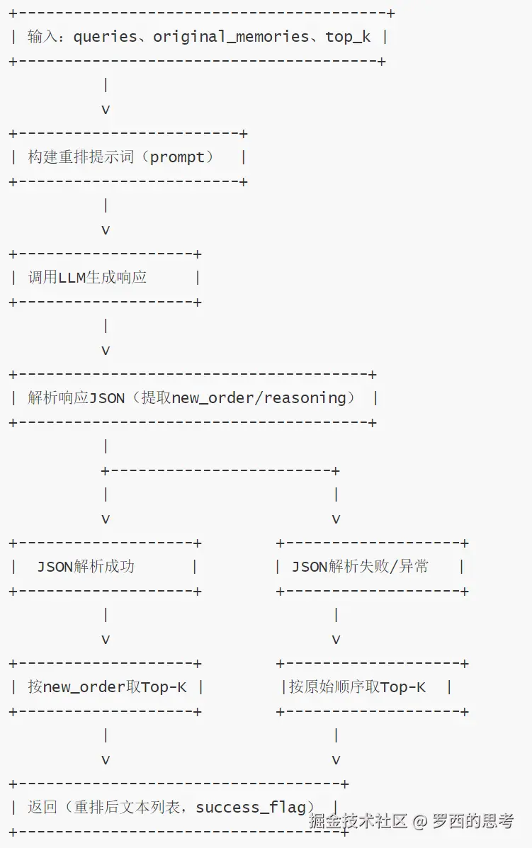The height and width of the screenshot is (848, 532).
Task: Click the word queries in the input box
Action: pos(106,37)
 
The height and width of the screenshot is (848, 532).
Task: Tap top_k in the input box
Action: pos(348,37)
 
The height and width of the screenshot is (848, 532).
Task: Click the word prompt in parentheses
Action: pos(178,157)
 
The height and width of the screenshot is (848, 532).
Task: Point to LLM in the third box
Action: pos(72,278)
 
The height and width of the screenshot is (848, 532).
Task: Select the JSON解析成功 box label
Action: pos(86,567)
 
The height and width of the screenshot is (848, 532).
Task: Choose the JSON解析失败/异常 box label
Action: pos(360,567)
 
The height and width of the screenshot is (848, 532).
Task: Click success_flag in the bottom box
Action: pos(251,808)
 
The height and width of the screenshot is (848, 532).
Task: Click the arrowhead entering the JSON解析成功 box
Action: pos(106,519)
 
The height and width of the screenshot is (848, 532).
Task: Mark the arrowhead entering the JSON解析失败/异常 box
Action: pos(336,519)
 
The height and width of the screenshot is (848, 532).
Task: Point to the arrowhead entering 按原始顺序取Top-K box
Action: pos(336,640)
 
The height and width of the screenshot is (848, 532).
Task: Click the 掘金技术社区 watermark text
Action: pos(358,822)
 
